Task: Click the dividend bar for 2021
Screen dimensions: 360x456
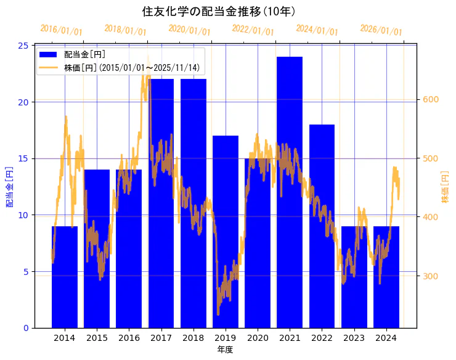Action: coord(290,192)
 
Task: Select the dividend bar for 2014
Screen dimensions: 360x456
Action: coord(64,277)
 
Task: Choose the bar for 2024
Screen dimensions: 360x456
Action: coord(386,277)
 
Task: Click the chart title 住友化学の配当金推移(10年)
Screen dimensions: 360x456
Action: coord(227,12)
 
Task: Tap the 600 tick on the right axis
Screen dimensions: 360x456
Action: coord(430,99)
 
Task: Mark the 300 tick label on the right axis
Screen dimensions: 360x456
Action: coord(430,276)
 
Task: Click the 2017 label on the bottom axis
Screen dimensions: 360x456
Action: coord(161,338)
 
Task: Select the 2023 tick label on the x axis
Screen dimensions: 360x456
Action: coord(354,338)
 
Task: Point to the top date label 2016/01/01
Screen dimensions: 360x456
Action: coord(61,30)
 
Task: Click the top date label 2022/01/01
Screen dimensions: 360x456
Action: coord(253,30)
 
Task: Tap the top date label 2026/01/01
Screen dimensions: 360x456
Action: coord(381,30)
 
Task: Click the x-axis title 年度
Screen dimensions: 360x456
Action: coord(225,350)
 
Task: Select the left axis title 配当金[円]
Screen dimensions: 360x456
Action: coord(10,186)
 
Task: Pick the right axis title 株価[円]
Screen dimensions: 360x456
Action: coord(446,186)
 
